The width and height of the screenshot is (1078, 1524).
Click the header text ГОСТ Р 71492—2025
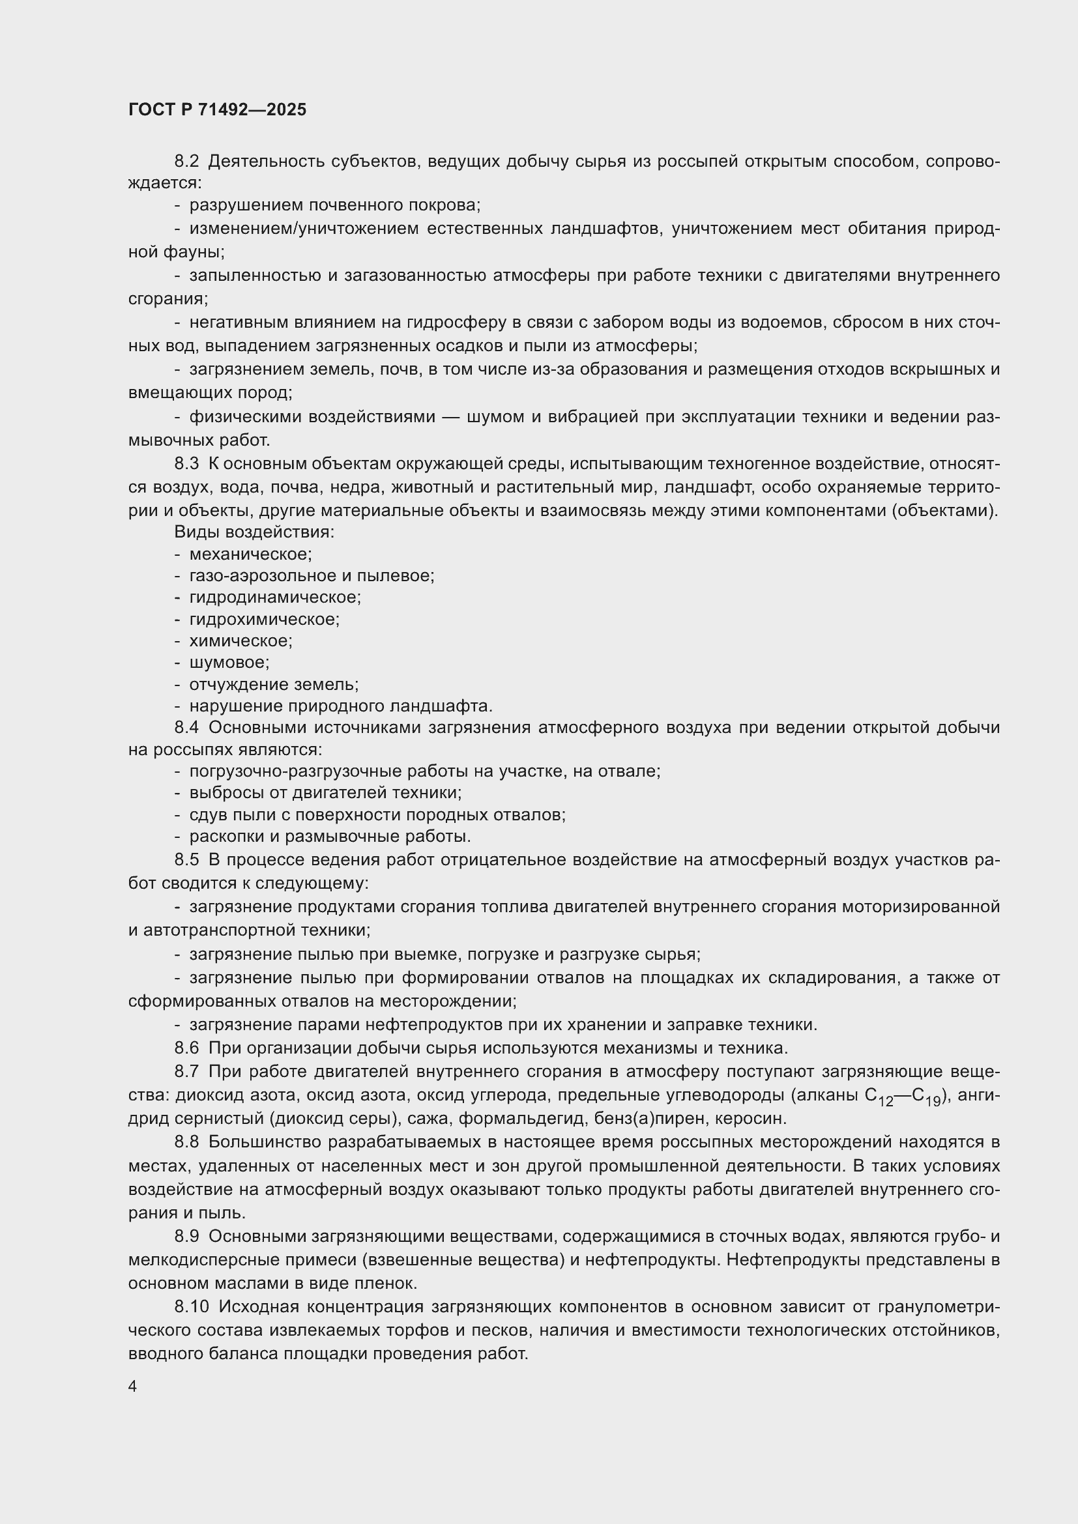click(217, 110)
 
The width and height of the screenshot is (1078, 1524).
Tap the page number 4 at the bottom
click(133, 1387)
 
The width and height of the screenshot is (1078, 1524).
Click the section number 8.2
click(186, 162)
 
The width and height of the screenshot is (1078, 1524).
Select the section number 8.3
click(186, 464)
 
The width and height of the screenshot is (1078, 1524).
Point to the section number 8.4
click(186, 728)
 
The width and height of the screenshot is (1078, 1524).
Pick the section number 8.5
click(186, 860)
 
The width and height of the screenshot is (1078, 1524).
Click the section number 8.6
click(186, 1048)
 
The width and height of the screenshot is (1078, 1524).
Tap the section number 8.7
click(186, 1071)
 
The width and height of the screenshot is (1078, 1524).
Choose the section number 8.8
click(186, 1142)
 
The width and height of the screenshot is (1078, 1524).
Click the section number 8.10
click(191, 1307)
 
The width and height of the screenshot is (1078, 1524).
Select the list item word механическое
click(250, 554)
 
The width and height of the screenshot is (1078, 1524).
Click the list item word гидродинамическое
click(275, 597)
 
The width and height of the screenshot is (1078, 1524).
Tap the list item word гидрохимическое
click(264, 620)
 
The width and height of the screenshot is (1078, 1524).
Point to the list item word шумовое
click(229, 663)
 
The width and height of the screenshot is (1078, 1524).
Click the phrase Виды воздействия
click(254, 532)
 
